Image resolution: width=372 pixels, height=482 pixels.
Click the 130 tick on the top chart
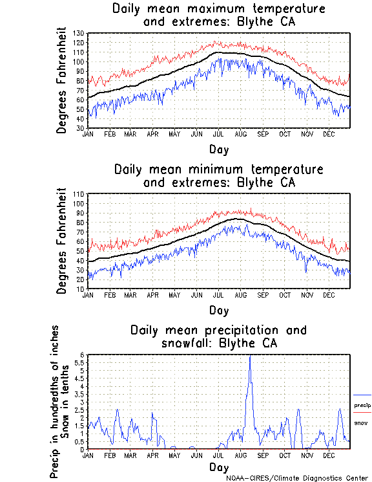click(79, 33)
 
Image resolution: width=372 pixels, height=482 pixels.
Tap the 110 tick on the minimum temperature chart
click(79, 193)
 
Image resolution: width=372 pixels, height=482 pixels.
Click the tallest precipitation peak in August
click(250, 356)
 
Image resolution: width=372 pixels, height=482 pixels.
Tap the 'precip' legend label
click(362, 406)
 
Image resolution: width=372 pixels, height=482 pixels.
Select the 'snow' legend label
click(361, 422)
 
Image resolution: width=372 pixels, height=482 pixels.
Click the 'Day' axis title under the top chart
click(218, 149)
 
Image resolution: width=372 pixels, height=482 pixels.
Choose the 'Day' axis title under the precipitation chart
click(218, 467)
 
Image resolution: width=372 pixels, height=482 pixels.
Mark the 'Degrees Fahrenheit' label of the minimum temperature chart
click(62, 241)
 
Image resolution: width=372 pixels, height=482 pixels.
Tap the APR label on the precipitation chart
click(152, 455)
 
